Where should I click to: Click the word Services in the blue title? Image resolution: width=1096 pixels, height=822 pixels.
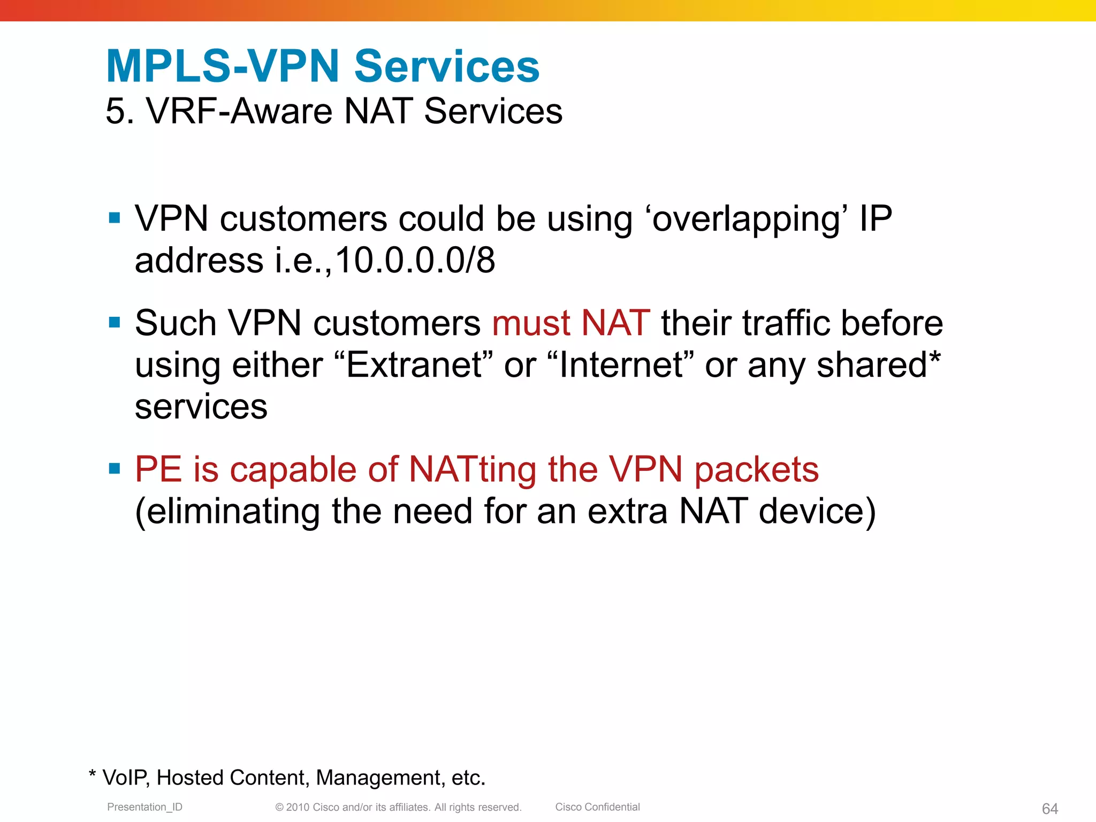click(447, 66)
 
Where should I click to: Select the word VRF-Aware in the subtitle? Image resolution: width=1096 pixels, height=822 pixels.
click(239, 111)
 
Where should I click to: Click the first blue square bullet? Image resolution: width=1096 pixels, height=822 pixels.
click(114, 218)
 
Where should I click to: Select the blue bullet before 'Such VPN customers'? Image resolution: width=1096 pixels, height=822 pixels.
click(114, 322)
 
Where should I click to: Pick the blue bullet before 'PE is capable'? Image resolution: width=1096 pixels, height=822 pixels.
click(114, 469)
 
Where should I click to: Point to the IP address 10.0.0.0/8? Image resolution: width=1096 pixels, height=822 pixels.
click(415, 261)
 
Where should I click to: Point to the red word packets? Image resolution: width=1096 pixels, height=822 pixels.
click(756, 470)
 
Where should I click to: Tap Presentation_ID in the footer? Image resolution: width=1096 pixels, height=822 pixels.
click(144, 807)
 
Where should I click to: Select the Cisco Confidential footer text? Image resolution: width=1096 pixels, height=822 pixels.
click(597, 807)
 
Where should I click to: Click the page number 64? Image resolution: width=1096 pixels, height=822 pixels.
click(1049, 809)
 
